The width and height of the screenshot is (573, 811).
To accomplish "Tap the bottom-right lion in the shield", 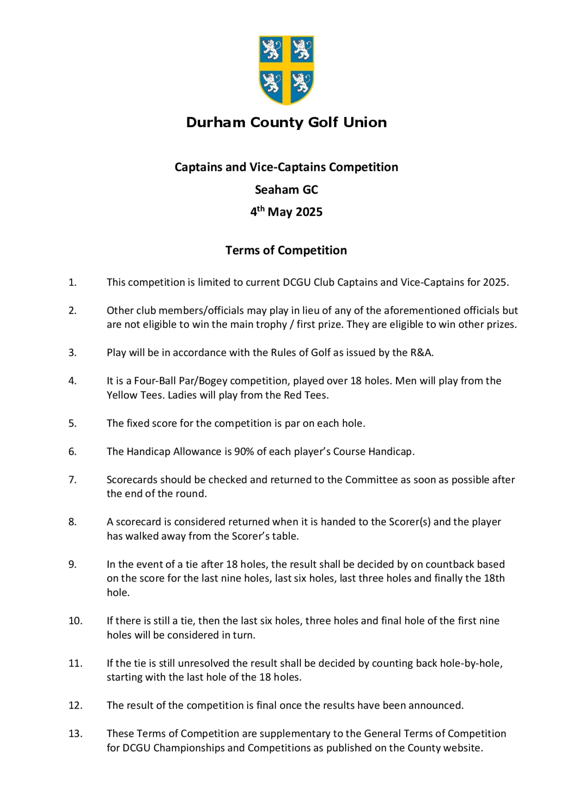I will tap(302, 82).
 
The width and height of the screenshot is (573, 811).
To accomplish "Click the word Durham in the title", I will tap(215, 123).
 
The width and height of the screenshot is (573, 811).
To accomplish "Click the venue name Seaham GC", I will tap(286, 190).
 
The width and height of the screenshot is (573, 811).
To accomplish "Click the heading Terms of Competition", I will tap(286, 250).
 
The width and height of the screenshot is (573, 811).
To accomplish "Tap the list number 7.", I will tap(72, 480).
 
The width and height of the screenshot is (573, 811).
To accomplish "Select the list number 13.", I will tap(75, 734).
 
